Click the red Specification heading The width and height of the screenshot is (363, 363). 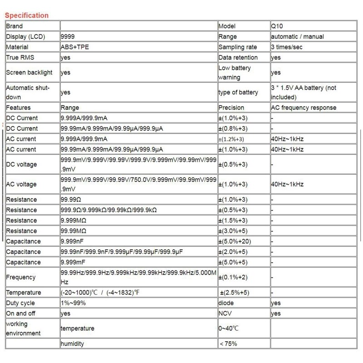tap(26, 15)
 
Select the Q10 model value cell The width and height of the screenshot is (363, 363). tap(276, 26)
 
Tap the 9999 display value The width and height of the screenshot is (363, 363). tap(68, 37)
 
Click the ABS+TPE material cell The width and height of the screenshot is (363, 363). tap(73, 47)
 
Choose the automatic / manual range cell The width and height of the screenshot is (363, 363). tap(297, 37)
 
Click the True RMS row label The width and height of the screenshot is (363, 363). tap(20, 58)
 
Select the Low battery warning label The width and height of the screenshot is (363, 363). tap(234, 73)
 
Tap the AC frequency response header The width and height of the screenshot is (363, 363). tap(303, 108)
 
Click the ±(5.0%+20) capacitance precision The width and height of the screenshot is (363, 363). tap(235, 241)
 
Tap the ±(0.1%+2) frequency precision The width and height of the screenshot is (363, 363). tap(233, 277)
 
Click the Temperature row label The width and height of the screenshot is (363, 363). tap(24, 293)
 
